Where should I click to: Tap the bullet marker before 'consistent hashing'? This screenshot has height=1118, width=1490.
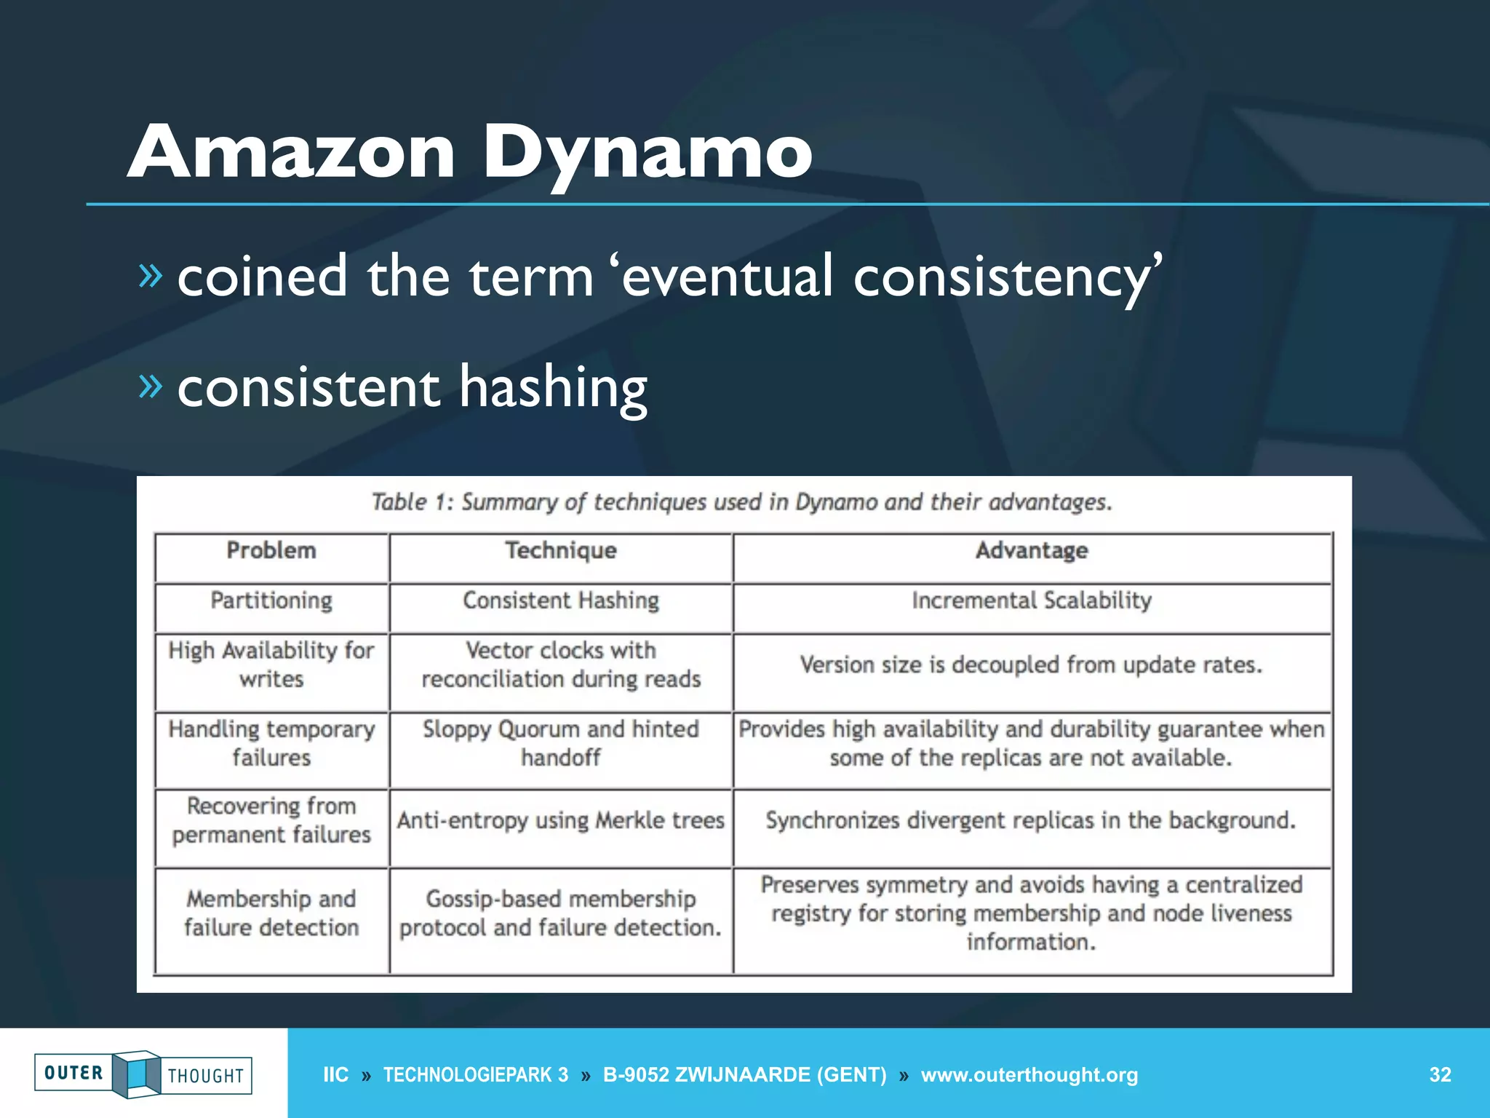coord(151,385)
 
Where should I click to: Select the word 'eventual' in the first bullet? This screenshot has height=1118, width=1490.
coord(728,277)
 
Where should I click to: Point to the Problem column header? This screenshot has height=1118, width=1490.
coord(271,551)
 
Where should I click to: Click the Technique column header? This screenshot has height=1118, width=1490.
coord(561,551)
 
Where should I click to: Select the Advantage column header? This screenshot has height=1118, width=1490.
coord(1032,551)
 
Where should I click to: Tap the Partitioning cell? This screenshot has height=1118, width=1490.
coord(271,601)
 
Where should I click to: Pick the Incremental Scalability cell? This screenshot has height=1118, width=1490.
coord(1032,601)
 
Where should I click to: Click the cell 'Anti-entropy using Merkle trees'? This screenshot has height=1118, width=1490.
coord(561,821)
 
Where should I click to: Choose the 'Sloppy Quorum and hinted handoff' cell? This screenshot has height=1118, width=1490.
coord(561,743)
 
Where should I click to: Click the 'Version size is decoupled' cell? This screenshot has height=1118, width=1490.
coord(1032,665)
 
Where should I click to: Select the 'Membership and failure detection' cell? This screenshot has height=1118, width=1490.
coord(271,913)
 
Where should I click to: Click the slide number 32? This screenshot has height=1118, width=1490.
coord(1440,1075)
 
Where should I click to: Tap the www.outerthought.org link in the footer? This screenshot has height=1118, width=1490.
coord(1029,1075)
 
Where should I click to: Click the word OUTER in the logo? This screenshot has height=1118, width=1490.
coord(73,1073)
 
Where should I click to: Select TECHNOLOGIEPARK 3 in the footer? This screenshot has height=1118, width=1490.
coord(475,1075)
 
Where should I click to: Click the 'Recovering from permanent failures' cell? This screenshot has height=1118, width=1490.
coord(271,821)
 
